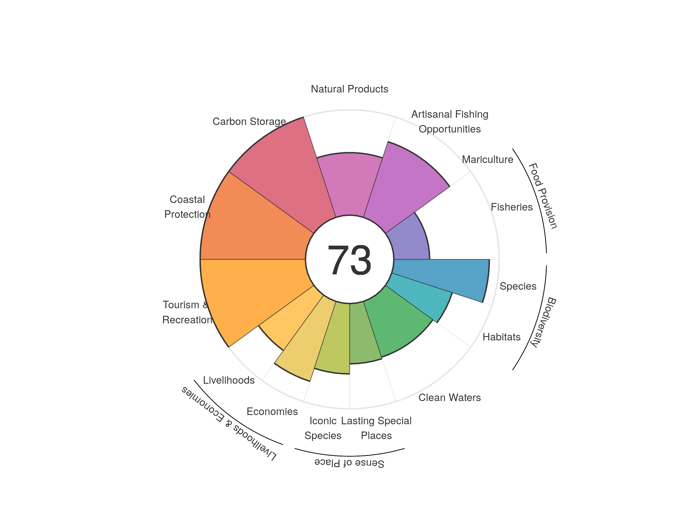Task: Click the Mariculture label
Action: [x=487, y=159]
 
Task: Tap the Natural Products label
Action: [x=349, y=89]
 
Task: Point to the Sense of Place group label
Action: [x=349, y=463]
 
